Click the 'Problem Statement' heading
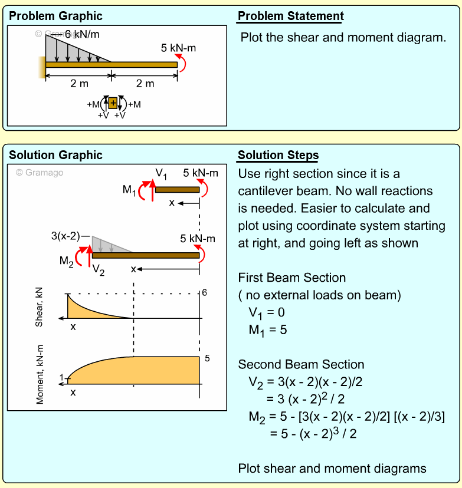[x=290, y=16]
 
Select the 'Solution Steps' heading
[x=278, y=156]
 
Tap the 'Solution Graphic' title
[x=55, y=155]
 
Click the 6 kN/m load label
[x=82, y=34]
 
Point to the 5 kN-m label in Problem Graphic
[x=178, y=47]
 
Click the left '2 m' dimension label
[x=79, y=84]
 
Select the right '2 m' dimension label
[x=145, y=84]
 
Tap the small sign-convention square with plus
[x=113, y=103]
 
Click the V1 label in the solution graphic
[x=161, y=173]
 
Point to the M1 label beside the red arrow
[x=129, y=190]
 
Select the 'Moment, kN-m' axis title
[x=40, y=374]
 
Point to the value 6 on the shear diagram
[x=205, y=293]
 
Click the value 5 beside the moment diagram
[x=207, y=358]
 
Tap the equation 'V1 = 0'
[x=266, y=312]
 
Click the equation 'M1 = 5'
[x=267, y=330]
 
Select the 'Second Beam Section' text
[x=301, y=364]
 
